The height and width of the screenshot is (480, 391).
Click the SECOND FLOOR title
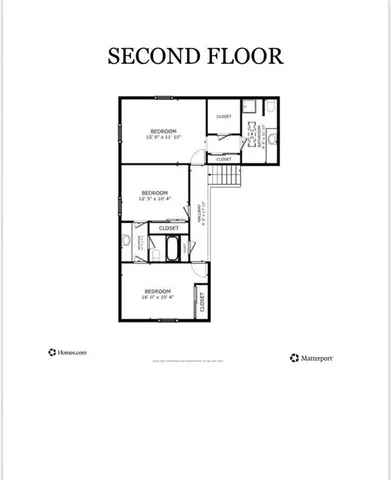coord(196,56)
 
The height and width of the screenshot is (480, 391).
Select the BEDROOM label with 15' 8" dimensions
coord(164,131)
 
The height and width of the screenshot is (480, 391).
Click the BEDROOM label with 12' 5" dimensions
coord(153,192)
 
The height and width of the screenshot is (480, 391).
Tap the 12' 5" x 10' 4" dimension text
coord(153,199)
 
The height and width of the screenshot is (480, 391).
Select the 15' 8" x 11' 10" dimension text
coord(164,138)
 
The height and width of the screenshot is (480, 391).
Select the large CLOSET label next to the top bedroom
coord(224,117)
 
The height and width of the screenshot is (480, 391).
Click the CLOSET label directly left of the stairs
coord(223,159)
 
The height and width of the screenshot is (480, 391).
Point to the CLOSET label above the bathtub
coord(170,228)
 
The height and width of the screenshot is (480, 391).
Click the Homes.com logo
coord(68,352)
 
